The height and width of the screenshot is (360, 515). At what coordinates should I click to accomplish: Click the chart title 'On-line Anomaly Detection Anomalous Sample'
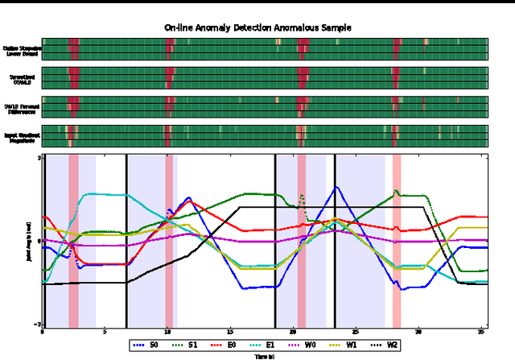tap(257, 27)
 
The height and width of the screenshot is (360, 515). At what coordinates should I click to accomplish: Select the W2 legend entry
tap(386, 345)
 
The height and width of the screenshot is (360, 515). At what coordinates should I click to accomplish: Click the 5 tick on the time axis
tap(105, 331)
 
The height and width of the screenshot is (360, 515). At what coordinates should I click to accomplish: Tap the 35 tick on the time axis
tap(480, 331)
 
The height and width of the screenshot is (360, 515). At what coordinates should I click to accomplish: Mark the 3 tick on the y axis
tap(38, 157)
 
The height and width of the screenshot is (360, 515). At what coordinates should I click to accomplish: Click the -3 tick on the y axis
tap(37, 324)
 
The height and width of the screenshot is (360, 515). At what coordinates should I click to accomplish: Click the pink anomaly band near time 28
tap(397, 240)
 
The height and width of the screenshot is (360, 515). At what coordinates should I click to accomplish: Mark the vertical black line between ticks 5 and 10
tap(127, 240)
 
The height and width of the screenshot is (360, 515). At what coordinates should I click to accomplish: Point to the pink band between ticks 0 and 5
tap(73, 240)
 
